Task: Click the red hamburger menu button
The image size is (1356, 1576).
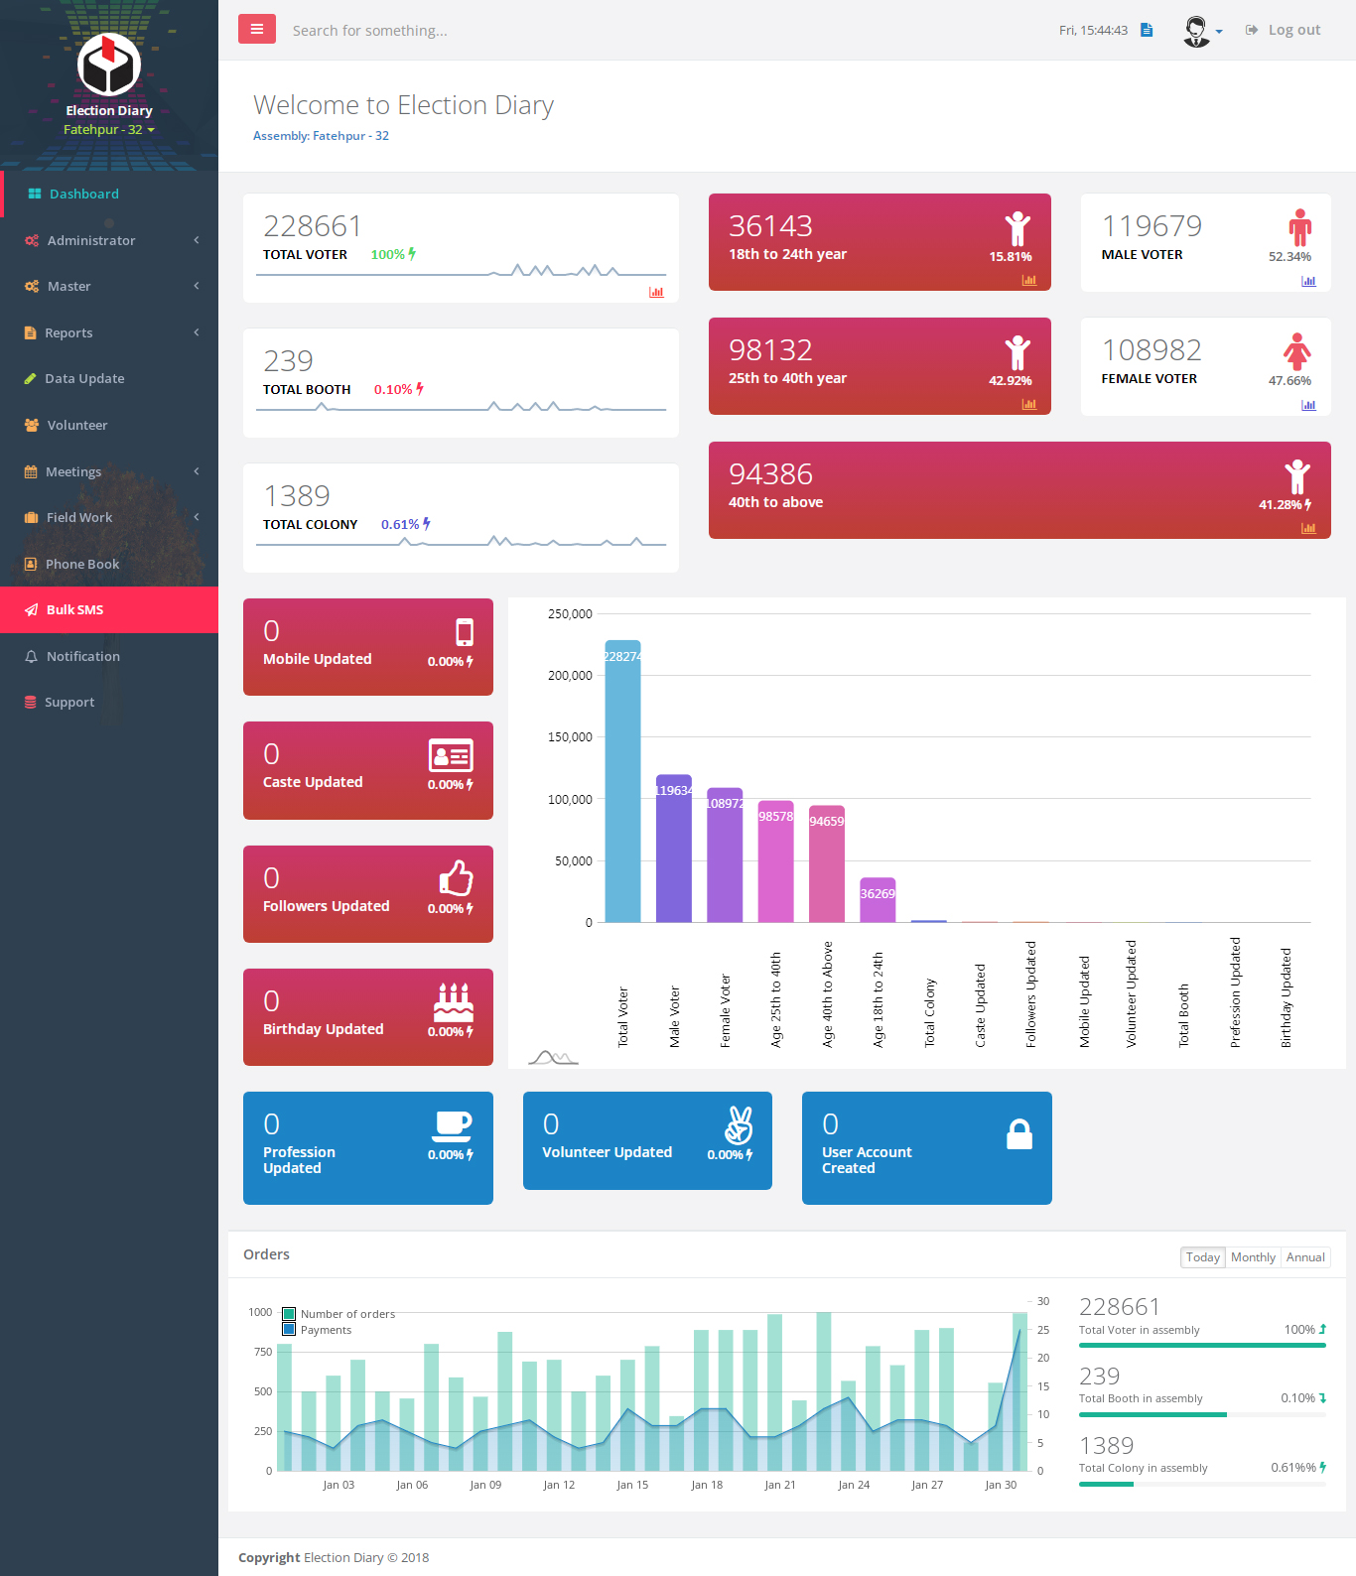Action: [x=256, y=29]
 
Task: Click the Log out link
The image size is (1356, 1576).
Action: [x=1293, y=30]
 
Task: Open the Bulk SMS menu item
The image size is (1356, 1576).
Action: [x=74, y=609]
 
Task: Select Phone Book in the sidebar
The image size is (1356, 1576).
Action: [x=81, y=564]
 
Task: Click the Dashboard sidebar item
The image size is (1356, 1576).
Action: [x=83, y=194]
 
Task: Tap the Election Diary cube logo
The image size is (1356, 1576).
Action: [x=109, y=65]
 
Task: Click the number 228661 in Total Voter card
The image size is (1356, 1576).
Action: [x=312, y=226]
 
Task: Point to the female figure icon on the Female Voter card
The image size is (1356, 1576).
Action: [x=1296, y=350]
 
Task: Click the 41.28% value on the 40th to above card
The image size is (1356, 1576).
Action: [x=1280, y=504]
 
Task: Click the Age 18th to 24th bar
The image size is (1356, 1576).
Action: [x=878, y=900]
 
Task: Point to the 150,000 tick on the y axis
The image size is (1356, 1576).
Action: [x=570, y=736]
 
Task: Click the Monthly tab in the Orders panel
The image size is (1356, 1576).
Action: [x=1253, y=1257]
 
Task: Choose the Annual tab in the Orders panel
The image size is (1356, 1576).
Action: [x=1305, y=1257]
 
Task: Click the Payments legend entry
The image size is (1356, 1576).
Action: [x=326, y=1330]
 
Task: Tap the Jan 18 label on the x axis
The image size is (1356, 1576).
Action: [x=707, y=1485]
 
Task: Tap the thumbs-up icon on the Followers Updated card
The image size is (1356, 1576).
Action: [x=456, y=877]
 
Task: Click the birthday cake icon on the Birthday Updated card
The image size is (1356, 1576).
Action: [x=454, y=1002]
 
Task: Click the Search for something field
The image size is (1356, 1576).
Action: [x=369, y=31]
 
